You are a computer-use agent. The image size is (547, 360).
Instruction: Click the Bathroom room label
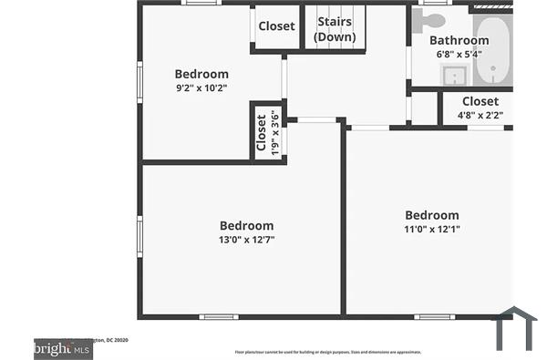(459, 40)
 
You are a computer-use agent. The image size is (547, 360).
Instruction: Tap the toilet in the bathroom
(432, 19)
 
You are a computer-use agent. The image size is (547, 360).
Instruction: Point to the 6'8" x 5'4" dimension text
(459, 54)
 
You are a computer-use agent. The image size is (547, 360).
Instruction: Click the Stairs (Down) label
(335, 29)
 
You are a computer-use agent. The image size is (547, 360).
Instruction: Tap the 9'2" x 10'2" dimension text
(201, 88)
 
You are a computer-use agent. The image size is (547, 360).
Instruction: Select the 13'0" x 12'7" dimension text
(246, 240)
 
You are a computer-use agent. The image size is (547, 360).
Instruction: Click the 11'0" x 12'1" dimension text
(432, 229)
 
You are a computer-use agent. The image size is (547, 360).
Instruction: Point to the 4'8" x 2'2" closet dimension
(480, 115)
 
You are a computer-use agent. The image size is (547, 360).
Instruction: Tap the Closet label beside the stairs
(276, 26)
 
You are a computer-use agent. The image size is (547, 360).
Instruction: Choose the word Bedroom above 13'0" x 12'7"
(246, 226)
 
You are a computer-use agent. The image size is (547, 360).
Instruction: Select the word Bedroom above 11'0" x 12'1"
(432, 215)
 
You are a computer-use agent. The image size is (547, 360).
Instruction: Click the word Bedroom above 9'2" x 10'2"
(201, 74)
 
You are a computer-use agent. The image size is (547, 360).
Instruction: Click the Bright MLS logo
(62, 348)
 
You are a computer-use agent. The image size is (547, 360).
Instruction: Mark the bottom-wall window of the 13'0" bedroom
(219, 317)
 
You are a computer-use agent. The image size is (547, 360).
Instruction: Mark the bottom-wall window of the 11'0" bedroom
(434, 317)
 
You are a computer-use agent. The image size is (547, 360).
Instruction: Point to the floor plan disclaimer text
(327, 351)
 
